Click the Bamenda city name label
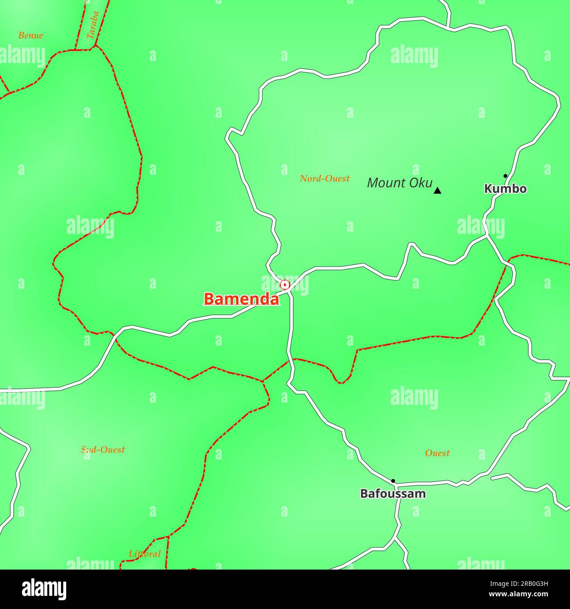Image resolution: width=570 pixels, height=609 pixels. click(x=241, y=299)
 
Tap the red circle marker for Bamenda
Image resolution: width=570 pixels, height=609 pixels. click(x=285, y=285)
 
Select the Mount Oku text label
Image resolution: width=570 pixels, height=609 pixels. click(x=399, y=183)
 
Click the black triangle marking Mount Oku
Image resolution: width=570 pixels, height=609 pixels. click(x=437, y=191)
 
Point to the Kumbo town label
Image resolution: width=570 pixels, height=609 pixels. click(x=505, y=189)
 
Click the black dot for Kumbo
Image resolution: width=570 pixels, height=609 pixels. click(x=505, y=176)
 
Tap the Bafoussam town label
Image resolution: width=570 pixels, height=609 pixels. click(x=393, y=494)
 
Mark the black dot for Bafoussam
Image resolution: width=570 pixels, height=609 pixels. click(x=393, y=481)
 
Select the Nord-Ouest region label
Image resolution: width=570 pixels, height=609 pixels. click(x=325, y=178)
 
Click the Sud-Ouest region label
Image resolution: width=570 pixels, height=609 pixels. click(x=103, y=450)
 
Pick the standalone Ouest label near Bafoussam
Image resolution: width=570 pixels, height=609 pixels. click(x=437, y=453)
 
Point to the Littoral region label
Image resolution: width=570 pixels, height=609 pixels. click(x=145, y=554)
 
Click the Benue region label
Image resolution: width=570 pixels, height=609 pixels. click(x=31, y=35)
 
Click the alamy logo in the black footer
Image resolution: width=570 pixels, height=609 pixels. click(x=44, y=589)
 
